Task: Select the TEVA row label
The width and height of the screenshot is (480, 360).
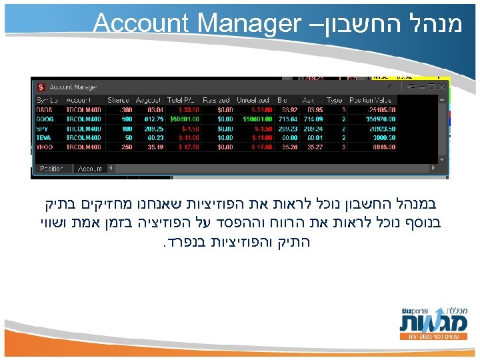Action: pyautogui.click(x=43, y=137)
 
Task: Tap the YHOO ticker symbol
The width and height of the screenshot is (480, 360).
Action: pyautogui.click(x=44, y=146)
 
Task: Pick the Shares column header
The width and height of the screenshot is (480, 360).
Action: pyautogui.click(x=119, y=99)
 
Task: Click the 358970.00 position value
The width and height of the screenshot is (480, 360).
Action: pyautogui.click(x=381, y=118)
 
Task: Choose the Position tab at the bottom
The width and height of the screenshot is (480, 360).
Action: pyautogui.click(x=51, y=169)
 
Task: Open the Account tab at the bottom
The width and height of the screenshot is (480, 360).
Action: pyautogui.click(x=89, y=169)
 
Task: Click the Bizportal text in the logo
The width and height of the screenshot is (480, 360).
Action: pyautogui.click(x=414, y=311)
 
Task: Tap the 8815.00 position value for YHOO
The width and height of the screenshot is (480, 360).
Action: pyautogui.click(x=383, y=146)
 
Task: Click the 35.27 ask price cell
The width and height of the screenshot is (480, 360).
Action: pyautogui.click(x=312, y=146)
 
